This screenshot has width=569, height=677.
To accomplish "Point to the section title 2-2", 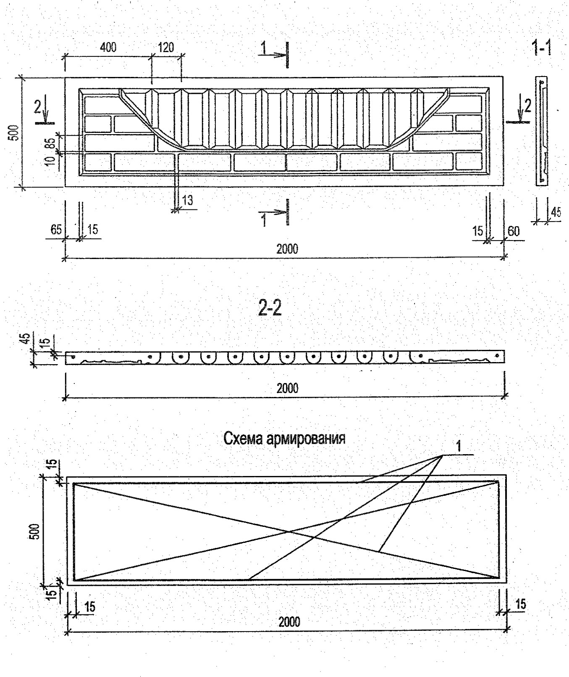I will pos(270,309).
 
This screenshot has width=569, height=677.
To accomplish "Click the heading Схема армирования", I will pos(284,439).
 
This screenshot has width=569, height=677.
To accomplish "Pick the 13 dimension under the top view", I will pos(188,200).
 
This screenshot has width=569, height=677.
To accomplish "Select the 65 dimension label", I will pos(56,230).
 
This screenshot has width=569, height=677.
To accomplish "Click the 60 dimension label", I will pos(514,231).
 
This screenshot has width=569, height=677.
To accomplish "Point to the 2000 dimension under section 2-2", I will pos(287,388).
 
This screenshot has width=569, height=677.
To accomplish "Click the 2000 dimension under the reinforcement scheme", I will pos(289,621).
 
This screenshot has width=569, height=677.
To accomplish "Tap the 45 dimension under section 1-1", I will pos(556,212).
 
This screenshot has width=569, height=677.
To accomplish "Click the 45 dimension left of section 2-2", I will pos(25,339).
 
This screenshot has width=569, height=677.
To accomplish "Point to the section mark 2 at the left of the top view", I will pos(38,108).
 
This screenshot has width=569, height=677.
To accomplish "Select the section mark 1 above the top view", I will pos(263,48).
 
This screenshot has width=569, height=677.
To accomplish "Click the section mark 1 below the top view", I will pos(264,219).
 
